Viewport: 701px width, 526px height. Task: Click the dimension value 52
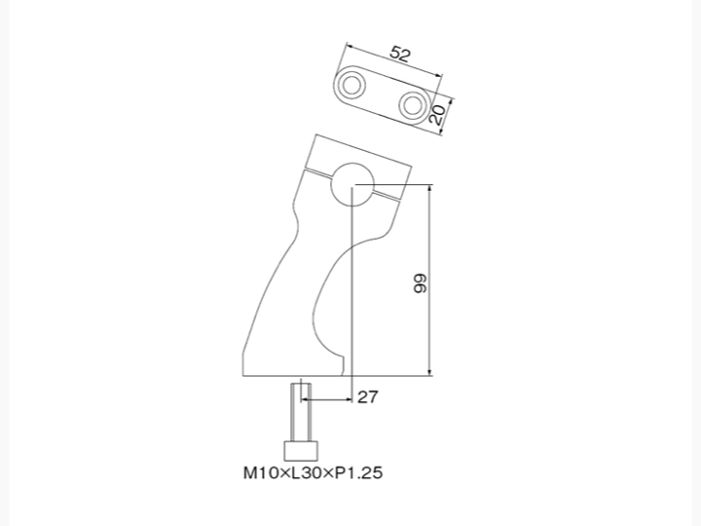400,54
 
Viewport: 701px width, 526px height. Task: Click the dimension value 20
437,115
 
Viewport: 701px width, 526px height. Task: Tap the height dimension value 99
421,283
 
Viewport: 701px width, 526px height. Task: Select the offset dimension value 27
367,396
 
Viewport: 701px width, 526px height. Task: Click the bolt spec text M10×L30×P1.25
313,472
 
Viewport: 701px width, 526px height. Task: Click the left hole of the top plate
351,85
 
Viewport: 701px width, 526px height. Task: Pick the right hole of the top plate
412,105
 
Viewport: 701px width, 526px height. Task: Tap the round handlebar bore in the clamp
352,184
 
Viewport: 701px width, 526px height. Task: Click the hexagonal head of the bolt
301,451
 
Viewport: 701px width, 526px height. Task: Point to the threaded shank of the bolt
301,412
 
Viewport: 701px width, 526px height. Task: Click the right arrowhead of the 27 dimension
349,399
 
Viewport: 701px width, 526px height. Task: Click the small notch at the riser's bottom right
344,365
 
